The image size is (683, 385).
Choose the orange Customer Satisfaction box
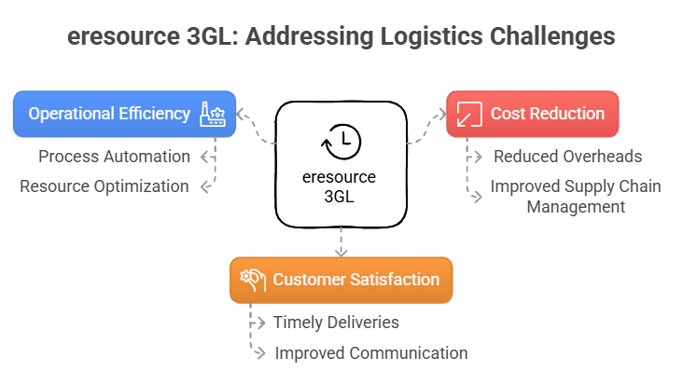point(341,280)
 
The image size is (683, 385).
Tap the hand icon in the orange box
point(252,280)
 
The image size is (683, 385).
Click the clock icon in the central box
point(341,142)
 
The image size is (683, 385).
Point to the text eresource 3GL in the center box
point(341,186)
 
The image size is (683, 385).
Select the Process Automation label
point(114,156)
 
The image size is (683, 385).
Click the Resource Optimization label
point(105,186)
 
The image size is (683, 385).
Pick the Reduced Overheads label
point(567,156)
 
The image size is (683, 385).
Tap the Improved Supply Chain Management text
point(575,196)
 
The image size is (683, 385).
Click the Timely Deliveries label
point(336,323)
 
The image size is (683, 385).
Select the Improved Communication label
point(370,352)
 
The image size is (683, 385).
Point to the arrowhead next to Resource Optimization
point(205,186)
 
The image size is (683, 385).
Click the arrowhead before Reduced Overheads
point(480,156)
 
